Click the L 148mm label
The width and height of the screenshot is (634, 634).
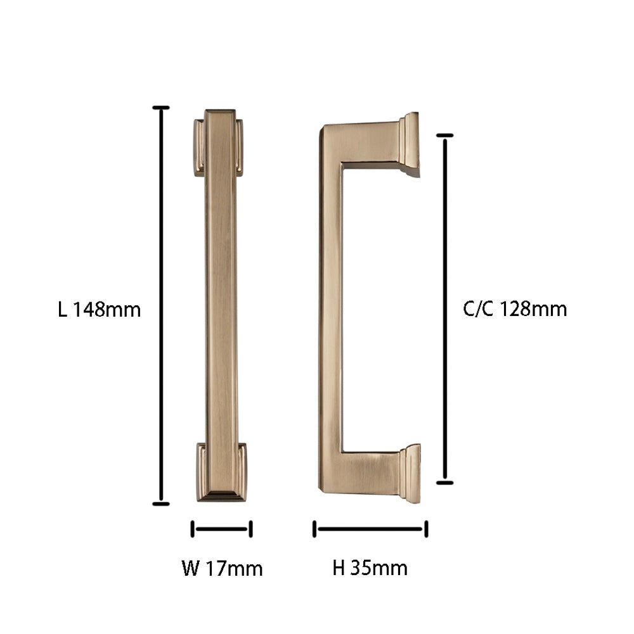99,310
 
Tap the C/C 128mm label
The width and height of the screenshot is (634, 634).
515,309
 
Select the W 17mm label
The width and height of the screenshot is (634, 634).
223,568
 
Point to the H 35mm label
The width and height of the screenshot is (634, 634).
370,567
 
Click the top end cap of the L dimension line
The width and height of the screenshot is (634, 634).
161,108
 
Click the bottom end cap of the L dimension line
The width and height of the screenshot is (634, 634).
161,504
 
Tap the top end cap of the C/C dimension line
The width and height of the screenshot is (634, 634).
445,136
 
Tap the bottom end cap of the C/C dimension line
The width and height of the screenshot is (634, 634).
445,483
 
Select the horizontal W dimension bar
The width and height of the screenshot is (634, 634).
221,529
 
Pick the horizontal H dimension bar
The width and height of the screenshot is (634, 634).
370,529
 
